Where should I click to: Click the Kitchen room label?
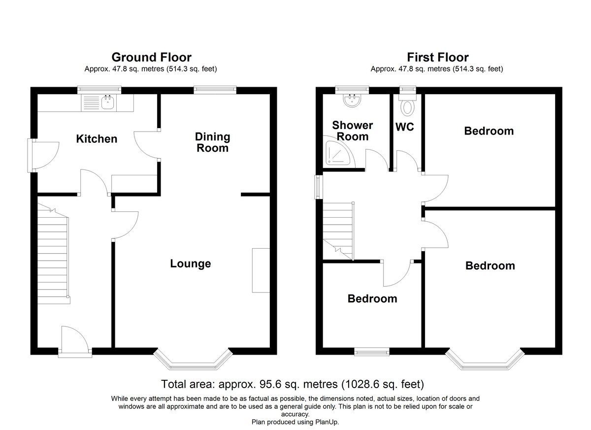coord(97,139)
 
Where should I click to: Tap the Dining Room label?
coord(212,142)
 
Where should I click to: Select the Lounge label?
coord(191,264)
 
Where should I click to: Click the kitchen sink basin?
coord(108,102)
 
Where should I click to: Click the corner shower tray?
coord(337,153)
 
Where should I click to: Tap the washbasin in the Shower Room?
coord(352,100)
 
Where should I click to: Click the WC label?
coord(404,127)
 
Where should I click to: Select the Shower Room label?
coord(352,131)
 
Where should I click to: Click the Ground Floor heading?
coord(151,57)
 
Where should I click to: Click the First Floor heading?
coord(438,57)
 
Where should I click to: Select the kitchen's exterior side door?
coord(43,156)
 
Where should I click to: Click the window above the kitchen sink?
coord(99,90)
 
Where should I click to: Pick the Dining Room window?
coord(215,90)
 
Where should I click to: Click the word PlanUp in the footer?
coord(327,422)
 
